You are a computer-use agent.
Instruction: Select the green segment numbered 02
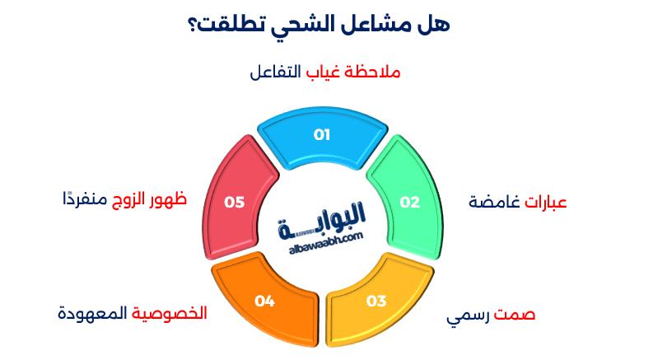(x=409, y=202)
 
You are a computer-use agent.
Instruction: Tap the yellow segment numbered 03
(x=376, y=301)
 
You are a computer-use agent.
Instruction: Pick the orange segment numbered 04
(x=264, y=301)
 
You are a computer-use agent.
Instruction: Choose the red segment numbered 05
(x=235, y=202)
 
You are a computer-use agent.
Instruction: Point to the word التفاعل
(x=275, y=72)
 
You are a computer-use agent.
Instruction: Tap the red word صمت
(x=517, y=316)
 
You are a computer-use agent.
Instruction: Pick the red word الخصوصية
(x=170, y=314)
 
